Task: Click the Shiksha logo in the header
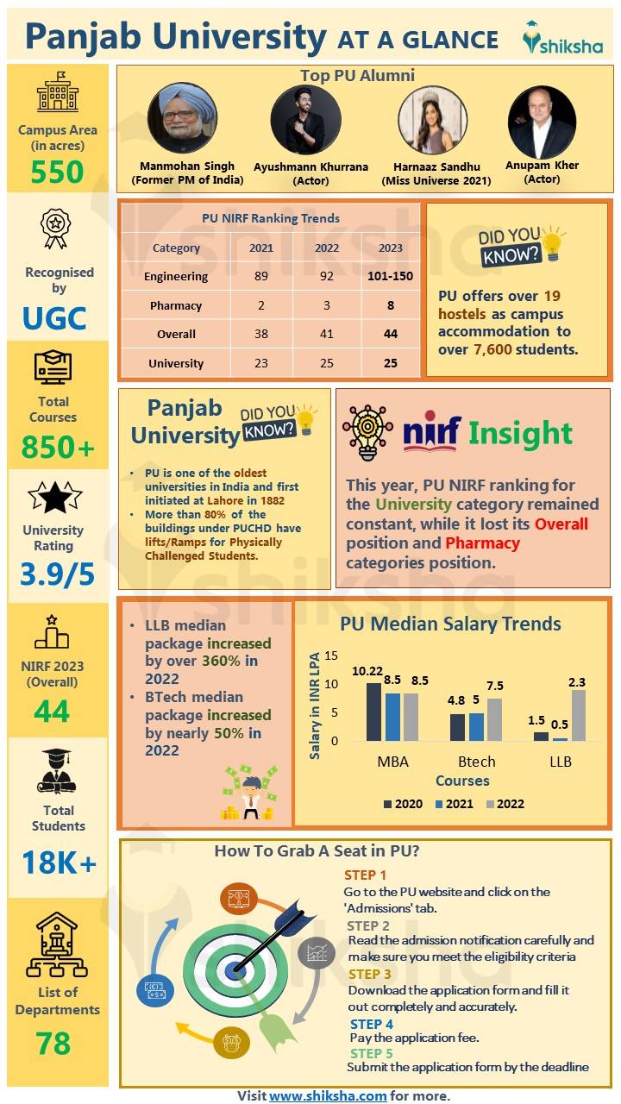click(x=562, y=39)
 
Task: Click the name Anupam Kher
click(x=543, y=165)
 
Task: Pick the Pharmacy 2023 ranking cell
click(x=391, y=305)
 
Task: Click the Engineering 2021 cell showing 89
click(x=260, y=276)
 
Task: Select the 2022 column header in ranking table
click(x=326, y=248)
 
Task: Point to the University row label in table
click(x=176, y=363)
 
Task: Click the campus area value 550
click(x=58, y=172)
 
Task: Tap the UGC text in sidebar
click(x=54, y=318)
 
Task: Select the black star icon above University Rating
click(x=54, y=499)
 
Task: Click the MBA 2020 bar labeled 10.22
click(x=373, y=712)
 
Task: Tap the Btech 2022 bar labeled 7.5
click(x=495, y=719)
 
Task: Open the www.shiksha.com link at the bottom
click(x=328, y=1095)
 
